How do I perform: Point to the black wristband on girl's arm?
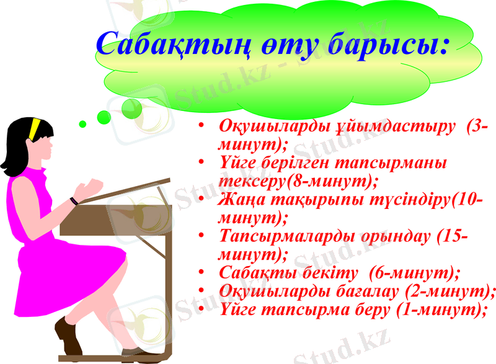click(x=74, y=200)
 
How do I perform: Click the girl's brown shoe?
click(x=68, y=334)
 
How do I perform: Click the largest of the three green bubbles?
click(x=131, y=109)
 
